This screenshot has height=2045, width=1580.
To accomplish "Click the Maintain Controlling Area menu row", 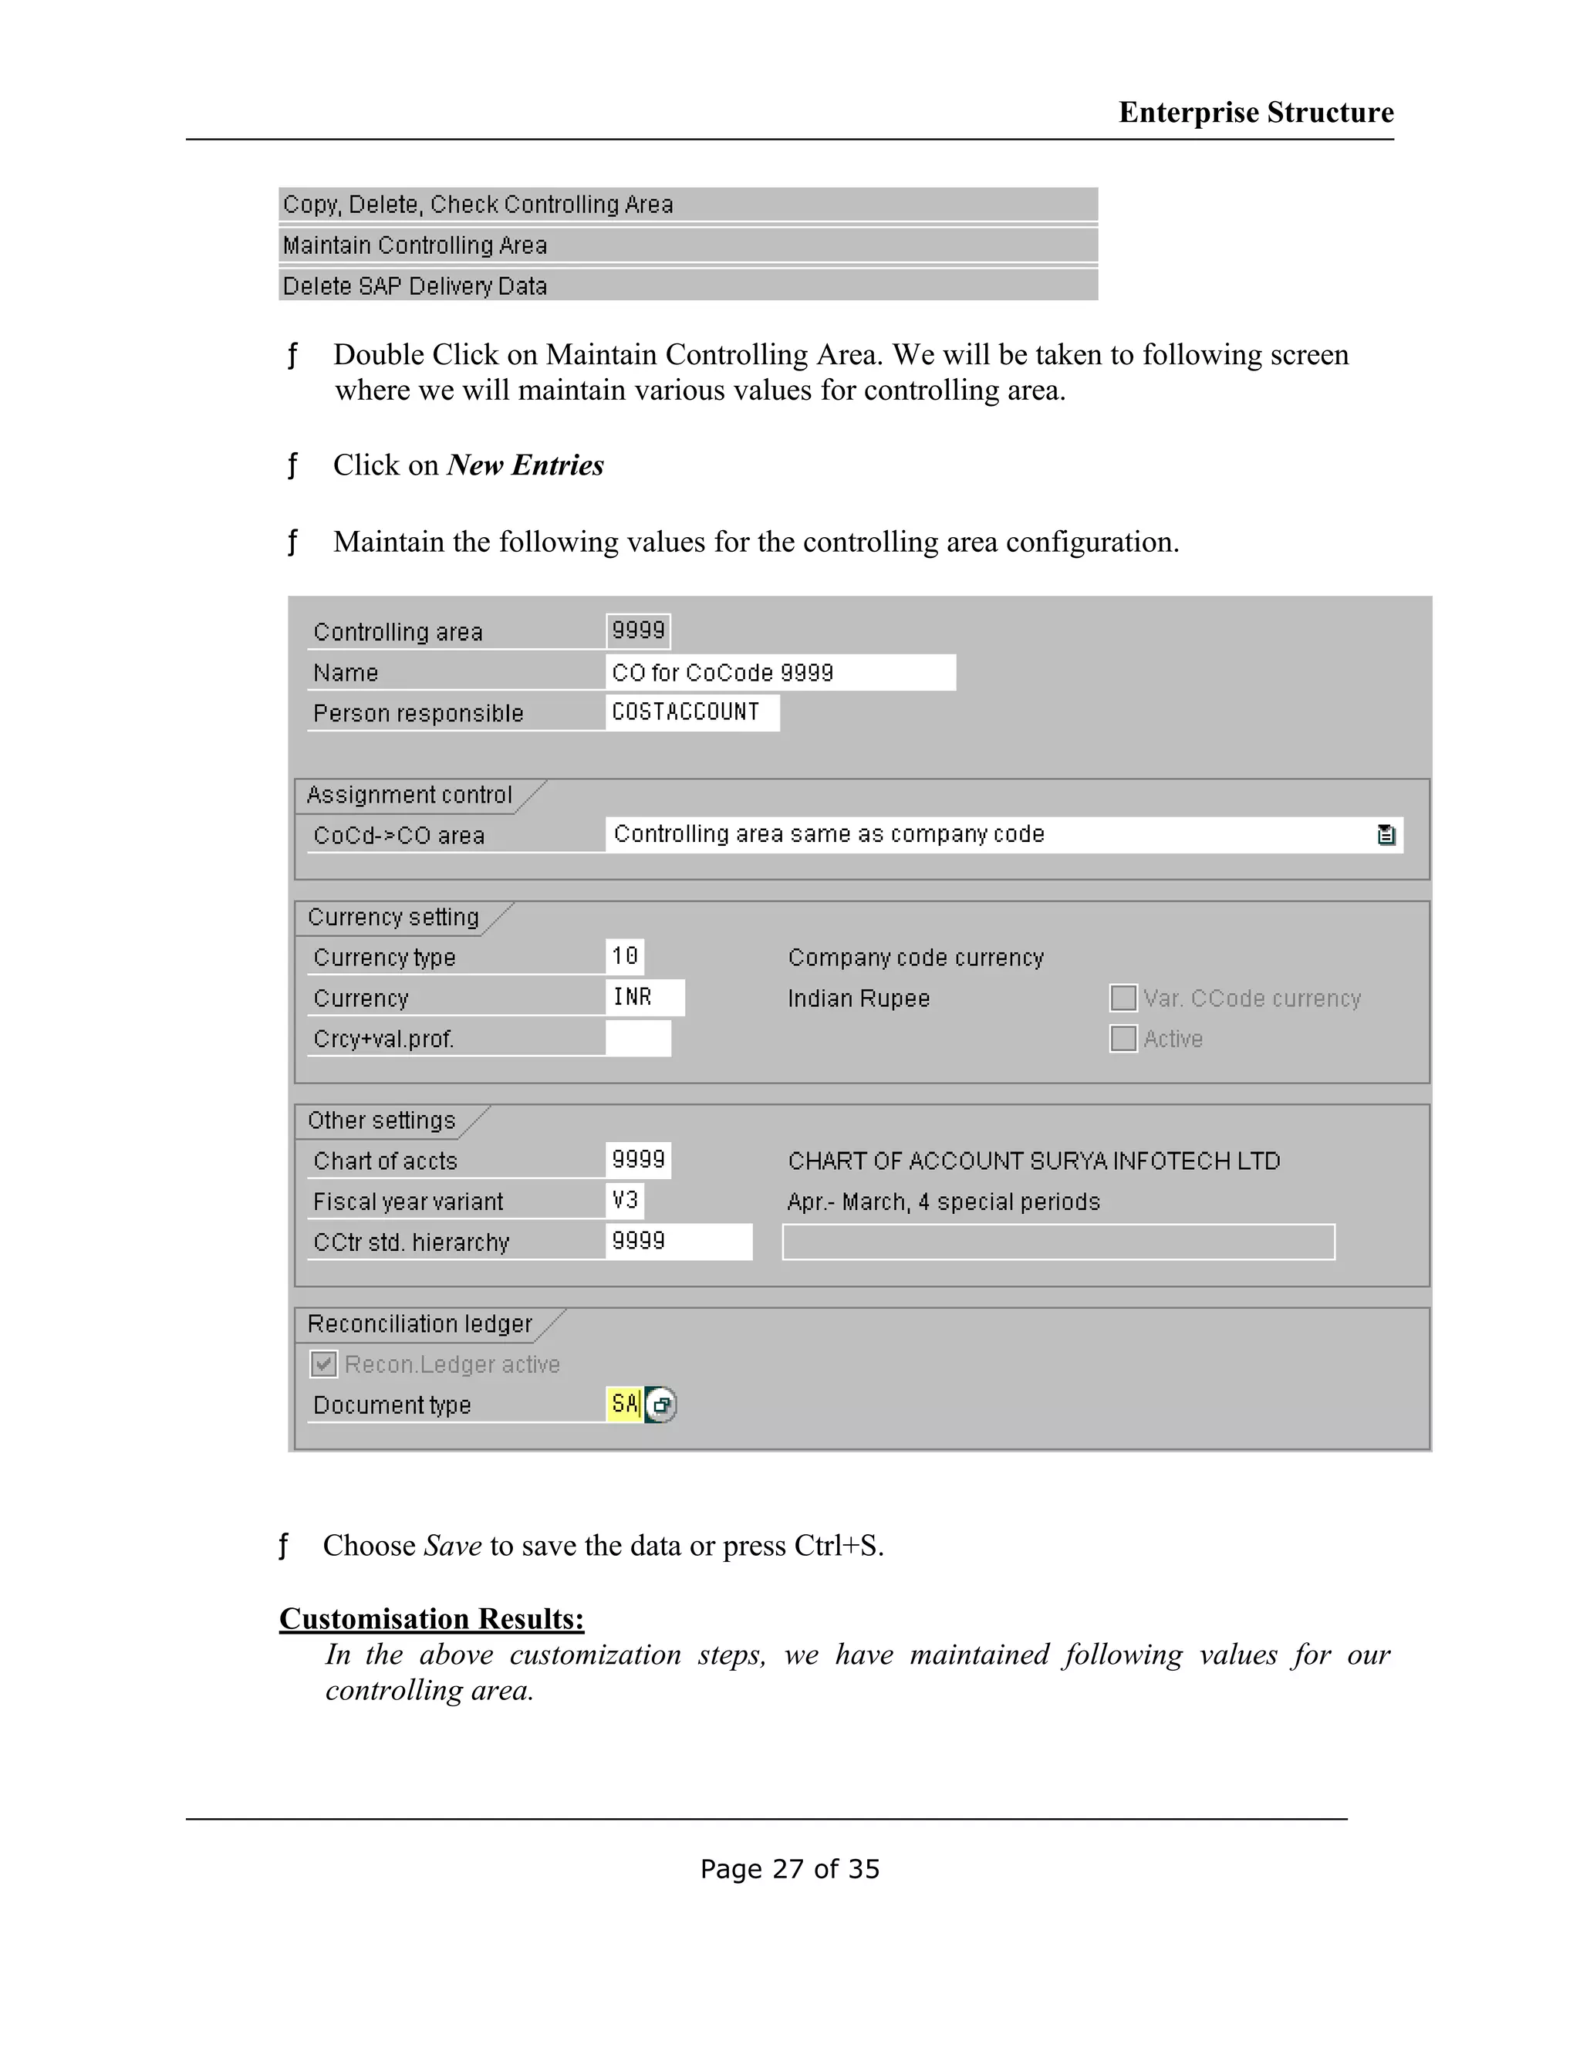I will (x=687, y=245).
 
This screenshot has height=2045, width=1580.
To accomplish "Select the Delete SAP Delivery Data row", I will (x=687, y=286).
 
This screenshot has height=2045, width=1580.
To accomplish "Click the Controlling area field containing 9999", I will (x=638, y=630).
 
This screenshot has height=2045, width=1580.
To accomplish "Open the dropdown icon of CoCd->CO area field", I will (x=1386, y=834).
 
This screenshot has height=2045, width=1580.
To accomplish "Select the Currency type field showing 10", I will (x=624, y=956).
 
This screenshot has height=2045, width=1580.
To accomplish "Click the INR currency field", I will (x=644, y=997).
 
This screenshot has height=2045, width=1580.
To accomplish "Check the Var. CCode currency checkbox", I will (x=1123, y=998).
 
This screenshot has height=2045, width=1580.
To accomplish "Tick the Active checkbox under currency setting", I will (x=1123, y=1039).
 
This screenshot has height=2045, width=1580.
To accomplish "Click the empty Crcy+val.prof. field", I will (x=638, y=1039).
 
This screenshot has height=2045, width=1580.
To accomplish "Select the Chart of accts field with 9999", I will (x=638, y=1160).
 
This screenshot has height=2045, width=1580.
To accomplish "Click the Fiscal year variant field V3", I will (x=625, y=1201).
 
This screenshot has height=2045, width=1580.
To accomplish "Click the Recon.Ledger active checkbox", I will (x=324, y=1364).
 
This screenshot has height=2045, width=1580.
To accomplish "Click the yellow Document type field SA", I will (x=623, y=1404).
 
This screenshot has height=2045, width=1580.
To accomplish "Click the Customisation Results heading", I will (x=431, y=1619).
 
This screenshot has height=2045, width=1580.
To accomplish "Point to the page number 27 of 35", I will (x=789, y=1869).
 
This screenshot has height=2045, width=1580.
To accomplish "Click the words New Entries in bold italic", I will (x=525, y=465).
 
